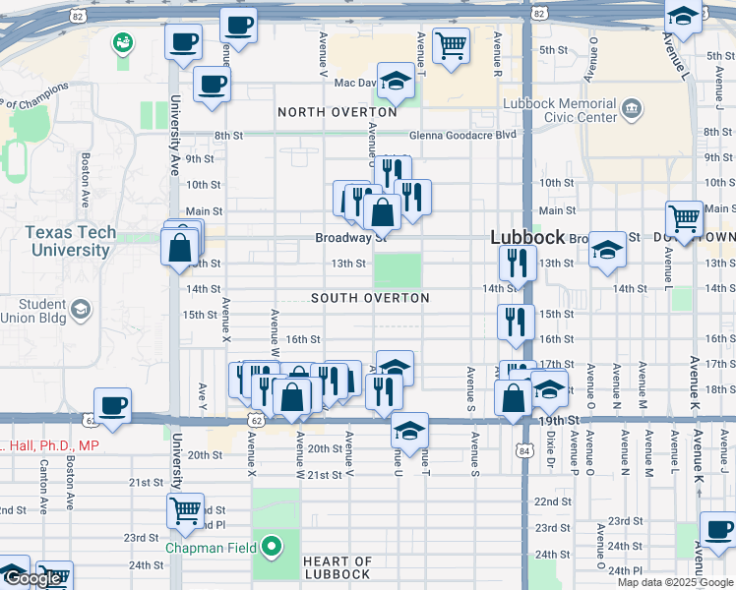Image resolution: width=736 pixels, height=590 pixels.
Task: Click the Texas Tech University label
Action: pos(70,241)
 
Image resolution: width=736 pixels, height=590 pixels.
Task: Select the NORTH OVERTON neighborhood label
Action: pos(337,112)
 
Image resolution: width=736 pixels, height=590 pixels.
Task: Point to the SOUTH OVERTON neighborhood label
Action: pos(370,298)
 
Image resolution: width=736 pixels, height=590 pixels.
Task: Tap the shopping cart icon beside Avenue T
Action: pos(451,45)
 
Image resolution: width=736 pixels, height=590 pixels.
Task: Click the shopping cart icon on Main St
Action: pos(684,218)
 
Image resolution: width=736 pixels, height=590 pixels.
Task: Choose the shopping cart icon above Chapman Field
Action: pos(185,510)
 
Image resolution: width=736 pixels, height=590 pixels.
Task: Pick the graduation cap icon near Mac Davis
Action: pos(396,82)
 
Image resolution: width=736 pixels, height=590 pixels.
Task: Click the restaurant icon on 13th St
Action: pos(516,263)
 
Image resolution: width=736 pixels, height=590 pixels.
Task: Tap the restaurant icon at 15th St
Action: pos(516,322)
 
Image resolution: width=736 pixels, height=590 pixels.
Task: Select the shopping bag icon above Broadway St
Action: pos(381,210)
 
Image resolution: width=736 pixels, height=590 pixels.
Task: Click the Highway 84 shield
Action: pos(521,448)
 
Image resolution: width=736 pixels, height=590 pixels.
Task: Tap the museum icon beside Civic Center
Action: pos(631,107)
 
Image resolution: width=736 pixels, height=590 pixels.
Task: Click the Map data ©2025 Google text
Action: pos(676,582)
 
